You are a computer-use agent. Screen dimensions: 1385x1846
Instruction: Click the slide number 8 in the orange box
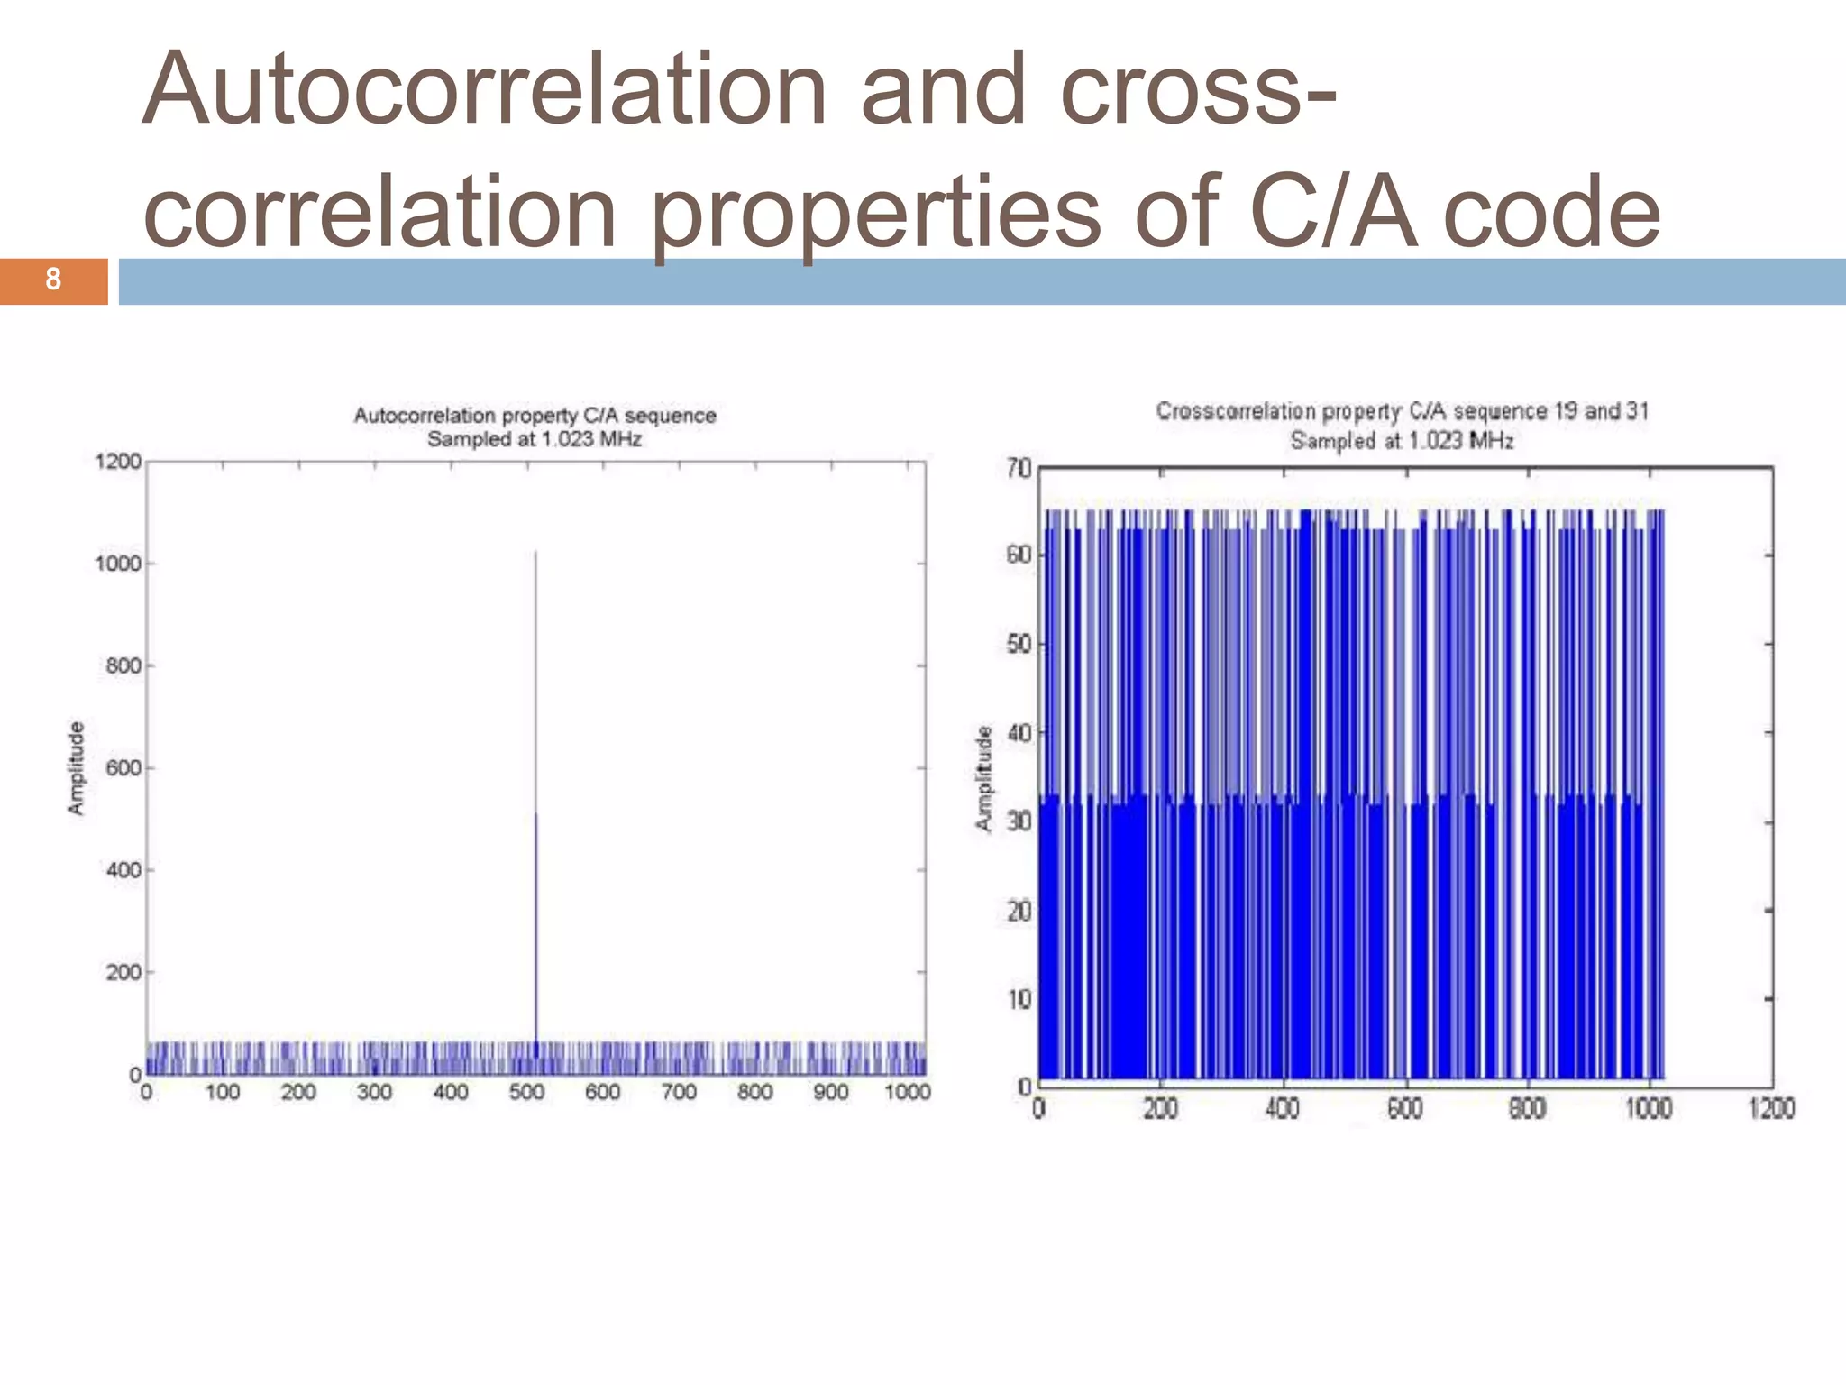click(53, 280)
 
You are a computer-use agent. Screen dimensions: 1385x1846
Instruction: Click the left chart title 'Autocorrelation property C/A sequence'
click(535, 416)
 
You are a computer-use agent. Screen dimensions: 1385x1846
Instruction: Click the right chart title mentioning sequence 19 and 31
click(1402, 411)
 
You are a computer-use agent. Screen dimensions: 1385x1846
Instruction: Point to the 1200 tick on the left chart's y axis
click(119, 462)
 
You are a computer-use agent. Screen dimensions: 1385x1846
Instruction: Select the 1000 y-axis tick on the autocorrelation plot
click(119, 564)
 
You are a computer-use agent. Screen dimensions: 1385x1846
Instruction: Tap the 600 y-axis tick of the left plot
click(123, 768)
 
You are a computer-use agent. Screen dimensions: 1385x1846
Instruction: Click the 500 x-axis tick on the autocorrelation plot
click(526, 1092)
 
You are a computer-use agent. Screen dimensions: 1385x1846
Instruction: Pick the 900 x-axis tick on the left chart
click(830, 1092)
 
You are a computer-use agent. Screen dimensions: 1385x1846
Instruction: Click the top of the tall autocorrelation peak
click(535, 553)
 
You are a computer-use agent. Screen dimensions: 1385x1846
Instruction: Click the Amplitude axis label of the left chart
click(77, 768)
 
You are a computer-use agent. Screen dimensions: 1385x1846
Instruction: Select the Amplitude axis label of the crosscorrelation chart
click(983, 778)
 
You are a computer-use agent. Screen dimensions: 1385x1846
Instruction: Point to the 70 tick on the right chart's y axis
click(1019, 468)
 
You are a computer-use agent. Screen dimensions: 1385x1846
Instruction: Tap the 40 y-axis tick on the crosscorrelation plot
click(1019, 733)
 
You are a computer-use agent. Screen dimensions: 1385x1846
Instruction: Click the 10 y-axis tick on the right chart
click(1019, 999)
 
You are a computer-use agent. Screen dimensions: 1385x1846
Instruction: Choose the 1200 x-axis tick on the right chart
click(1771, 1108)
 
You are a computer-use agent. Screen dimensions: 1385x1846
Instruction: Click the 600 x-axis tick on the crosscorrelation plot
click(1404, 1108)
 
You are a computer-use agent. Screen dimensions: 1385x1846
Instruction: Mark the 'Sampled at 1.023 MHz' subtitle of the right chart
click(1402, 441)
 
